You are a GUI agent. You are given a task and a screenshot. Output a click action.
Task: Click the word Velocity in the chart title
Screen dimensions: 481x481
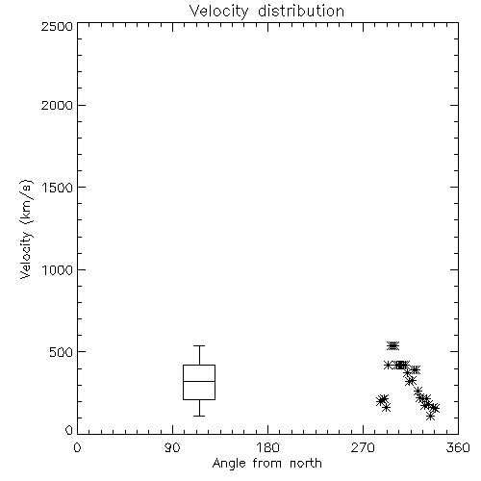218,12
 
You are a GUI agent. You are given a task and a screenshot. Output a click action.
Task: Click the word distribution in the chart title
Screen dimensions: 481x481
301,11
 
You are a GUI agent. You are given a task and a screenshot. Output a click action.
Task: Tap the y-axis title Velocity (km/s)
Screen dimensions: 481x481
26,229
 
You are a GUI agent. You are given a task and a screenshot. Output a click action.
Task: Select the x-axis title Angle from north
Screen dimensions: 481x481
266,464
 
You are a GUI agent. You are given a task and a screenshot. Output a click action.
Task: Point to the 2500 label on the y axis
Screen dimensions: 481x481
57,26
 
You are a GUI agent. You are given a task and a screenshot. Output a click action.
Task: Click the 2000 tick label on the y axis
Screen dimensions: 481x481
57,105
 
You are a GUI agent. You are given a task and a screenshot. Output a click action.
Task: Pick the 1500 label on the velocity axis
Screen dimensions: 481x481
58,188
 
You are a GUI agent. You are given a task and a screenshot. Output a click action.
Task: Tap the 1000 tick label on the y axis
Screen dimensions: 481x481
58,269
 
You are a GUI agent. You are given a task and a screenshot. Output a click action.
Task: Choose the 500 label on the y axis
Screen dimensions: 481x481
62,352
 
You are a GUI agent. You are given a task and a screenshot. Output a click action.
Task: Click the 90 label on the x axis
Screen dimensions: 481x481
172,447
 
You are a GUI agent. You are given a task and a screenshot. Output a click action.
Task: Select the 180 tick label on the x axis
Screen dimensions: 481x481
267,447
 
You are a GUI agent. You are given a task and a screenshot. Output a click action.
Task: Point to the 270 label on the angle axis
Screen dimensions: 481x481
363,447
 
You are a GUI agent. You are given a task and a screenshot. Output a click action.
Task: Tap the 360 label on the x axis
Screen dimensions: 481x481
458,447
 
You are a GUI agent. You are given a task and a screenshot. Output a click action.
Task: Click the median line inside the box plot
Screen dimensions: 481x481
199,381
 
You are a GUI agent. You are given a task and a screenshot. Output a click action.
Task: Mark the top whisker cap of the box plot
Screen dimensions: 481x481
199,345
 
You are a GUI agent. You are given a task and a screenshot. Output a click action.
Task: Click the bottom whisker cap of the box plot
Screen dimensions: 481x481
199,416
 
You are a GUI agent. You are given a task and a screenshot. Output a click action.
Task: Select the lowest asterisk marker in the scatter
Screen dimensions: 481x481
430,417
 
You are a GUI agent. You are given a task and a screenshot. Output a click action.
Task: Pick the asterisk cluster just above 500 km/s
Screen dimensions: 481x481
392,345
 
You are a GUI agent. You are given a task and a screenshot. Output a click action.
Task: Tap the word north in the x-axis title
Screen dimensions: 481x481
306,464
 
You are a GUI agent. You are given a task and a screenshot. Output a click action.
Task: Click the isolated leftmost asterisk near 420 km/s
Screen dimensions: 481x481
388,365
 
